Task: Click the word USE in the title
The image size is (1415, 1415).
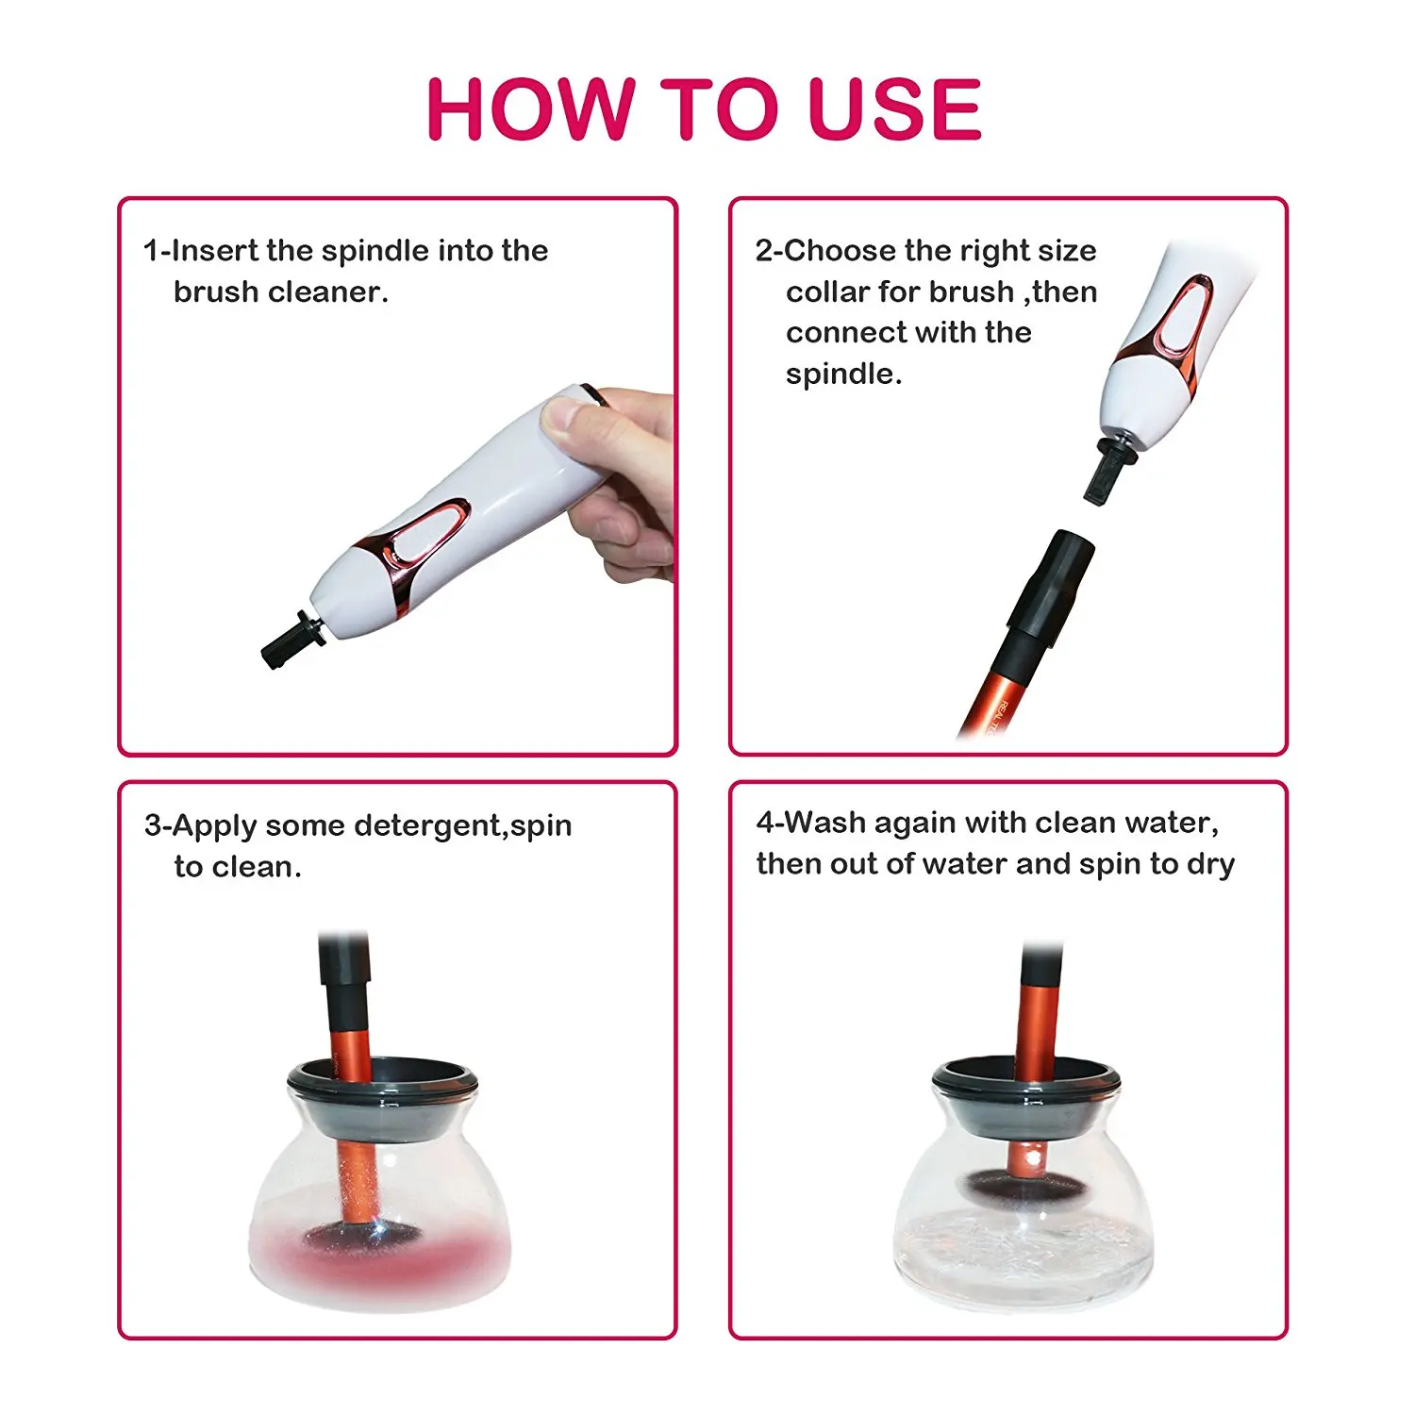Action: pyautogui.click(x=895, y=108)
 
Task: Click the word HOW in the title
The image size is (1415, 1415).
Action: pyautogui.click(x=530, y=108)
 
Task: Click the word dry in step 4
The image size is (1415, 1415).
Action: pyautogui.click(x=1211, y=865)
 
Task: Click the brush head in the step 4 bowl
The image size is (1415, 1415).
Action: pyautogui.click(x=1020, y=1183)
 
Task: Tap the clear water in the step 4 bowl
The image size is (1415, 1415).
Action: pyautogui.click(x=1023, y=1250)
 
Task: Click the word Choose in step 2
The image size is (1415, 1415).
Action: pyautogui.click(x=840, y=251)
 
